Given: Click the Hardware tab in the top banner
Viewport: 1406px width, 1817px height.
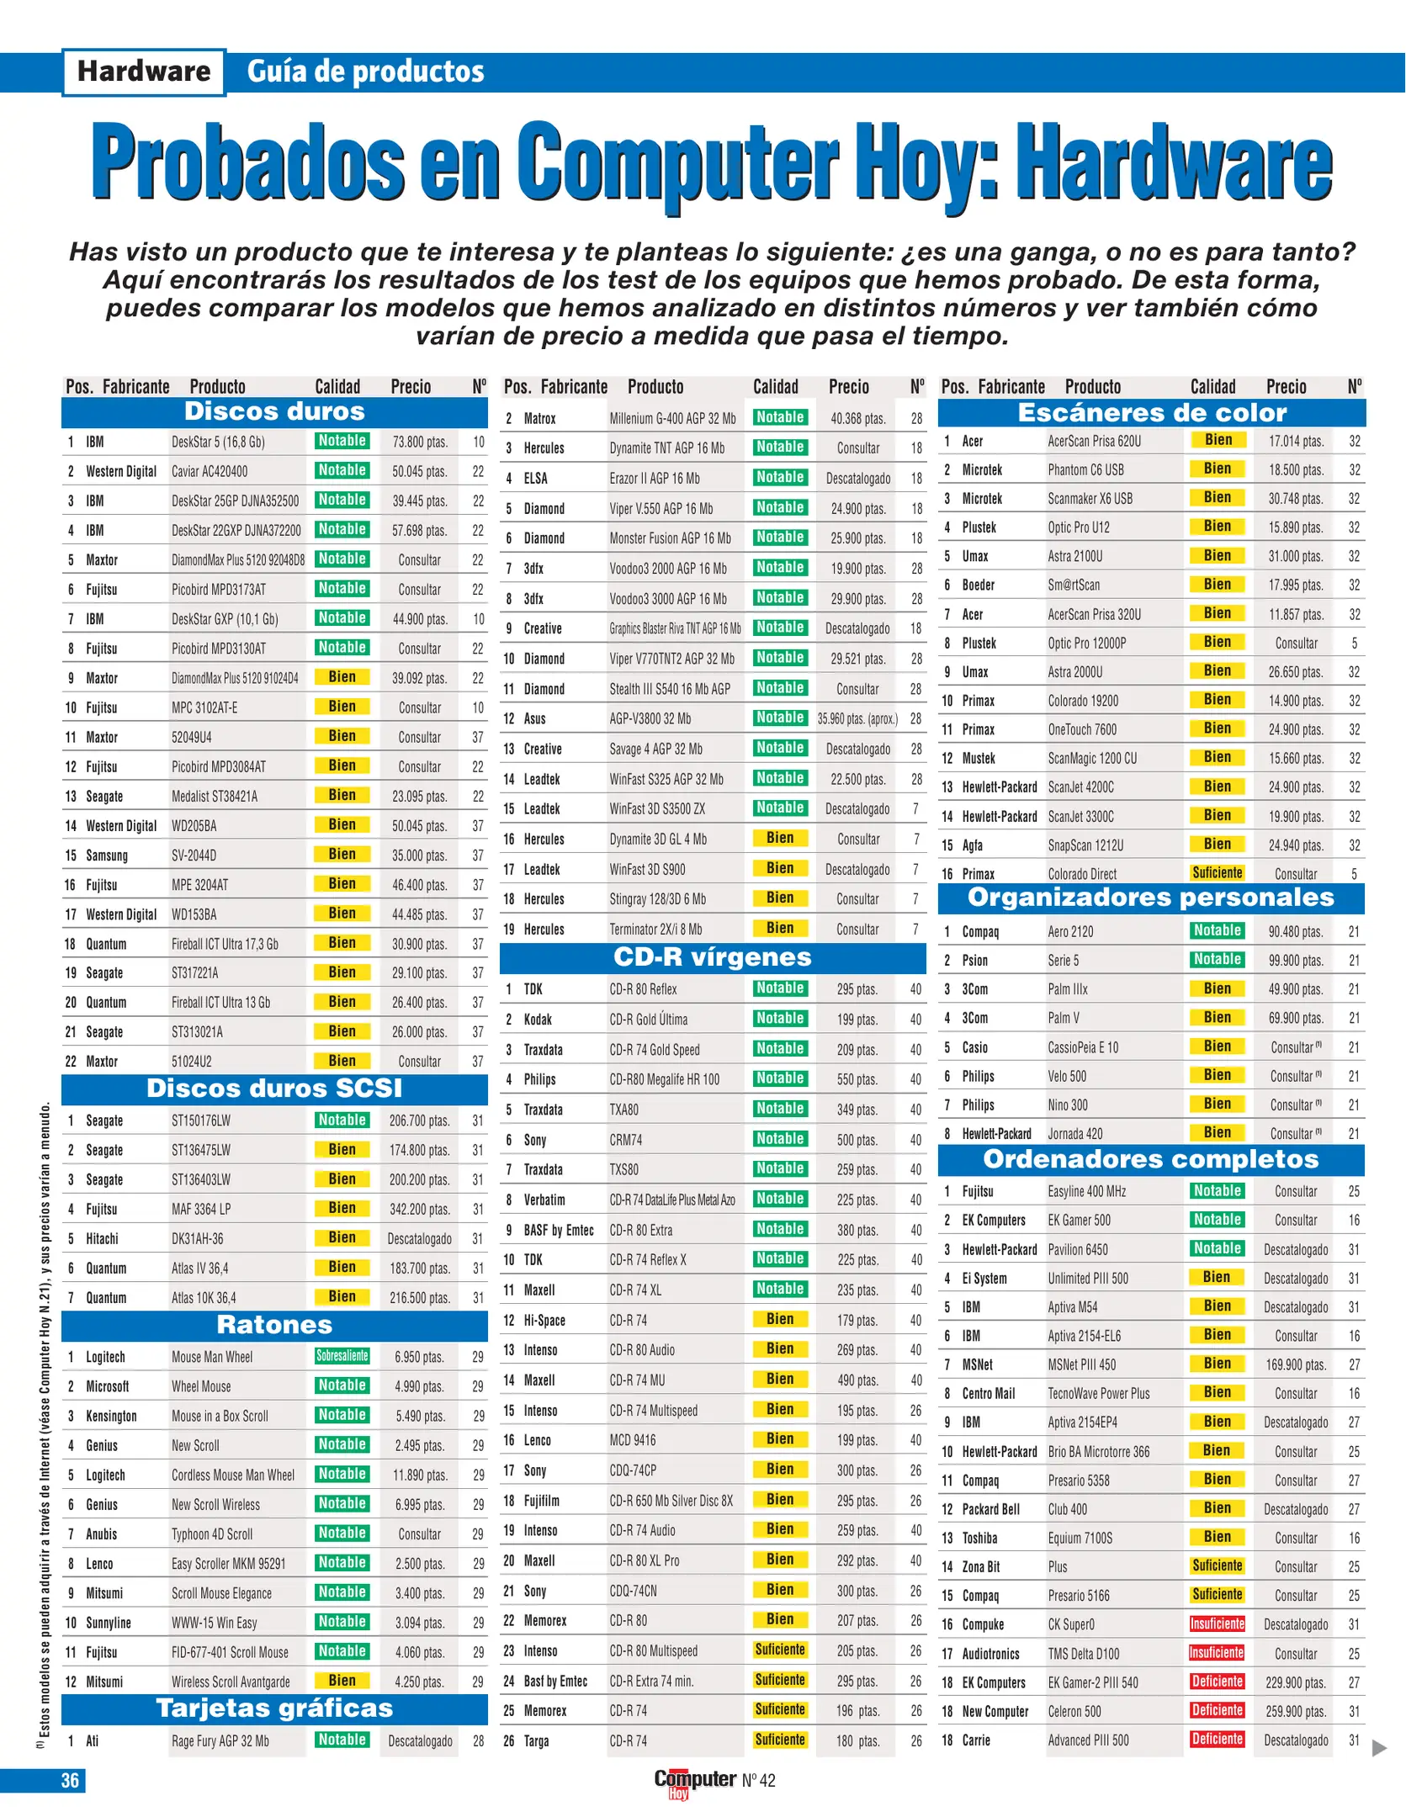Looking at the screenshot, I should point(144,72).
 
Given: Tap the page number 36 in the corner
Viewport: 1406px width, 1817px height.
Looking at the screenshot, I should point(70,1779).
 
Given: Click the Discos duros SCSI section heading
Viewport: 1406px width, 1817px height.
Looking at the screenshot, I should point(274,1089).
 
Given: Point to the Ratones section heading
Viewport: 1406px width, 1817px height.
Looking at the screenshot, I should point(274,1325).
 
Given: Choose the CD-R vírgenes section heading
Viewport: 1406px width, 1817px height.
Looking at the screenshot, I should point(712,957).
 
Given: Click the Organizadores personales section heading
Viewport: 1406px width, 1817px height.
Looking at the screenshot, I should point(1150,898).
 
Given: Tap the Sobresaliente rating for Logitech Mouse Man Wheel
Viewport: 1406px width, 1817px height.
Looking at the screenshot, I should point(342,1356).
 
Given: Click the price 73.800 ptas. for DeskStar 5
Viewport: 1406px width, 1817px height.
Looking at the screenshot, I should point(420,442).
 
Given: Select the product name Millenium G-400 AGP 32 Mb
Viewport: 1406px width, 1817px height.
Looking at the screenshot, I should point(672,418).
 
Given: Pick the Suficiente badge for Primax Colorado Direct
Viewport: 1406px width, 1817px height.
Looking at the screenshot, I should point(1217,873).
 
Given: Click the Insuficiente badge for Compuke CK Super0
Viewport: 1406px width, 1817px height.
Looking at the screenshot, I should point(1217,1624).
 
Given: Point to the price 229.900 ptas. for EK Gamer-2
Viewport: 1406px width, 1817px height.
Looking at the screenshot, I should point(1296,1682).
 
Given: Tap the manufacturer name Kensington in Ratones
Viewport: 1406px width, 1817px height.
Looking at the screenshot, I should point(111,1416).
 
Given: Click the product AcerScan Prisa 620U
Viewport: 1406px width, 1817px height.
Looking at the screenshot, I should point(1094,441).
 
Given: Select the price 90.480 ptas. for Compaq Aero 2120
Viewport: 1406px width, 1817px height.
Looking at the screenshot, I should point(1296,931).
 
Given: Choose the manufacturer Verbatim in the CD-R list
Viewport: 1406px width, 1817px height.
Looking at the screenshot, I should point(544,1200).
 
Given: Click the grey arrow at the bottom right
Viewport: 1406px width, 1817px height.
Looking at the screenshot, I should point(1379,1748).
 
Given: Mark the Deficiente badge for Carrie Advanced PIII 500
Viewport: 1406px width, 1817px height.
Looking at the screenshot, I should point(1217,1739).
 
